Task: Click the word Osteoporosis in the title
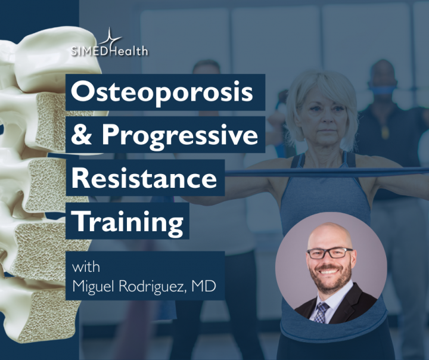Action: [162, 92]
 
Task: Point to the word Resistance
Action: [144, 178]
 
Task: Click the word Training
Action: [128, 222]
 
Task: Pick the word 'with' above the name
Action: [86, 267]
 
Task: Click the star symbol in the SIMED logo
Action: [110, 38]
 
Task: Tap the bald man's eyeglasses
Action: [330, 253]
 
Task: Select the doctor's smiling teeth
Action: [329, 271]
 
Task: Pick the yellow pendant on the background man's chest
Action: [385, 132]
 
